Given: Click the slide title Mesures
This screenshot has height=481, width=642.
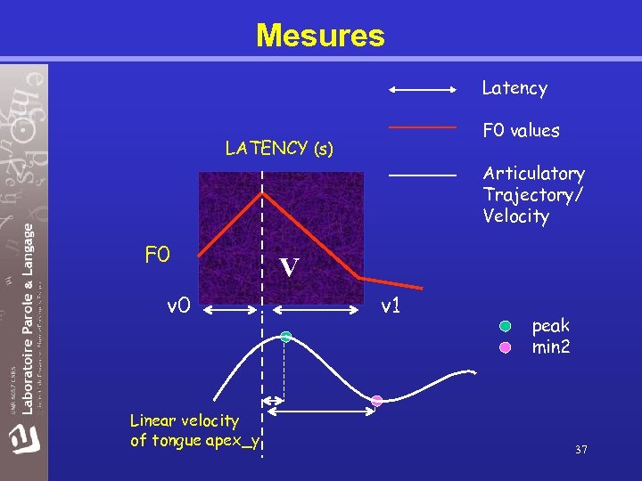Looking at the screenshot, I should pyautogui.click(x=320, y=36).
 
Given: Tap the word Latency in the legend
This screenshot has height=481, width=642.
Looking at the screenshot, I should pyautogui.click(x=514, y=88).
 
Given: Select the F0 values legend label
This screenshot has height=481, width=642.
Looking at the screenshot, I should pyautogui.click(x=521, y=131).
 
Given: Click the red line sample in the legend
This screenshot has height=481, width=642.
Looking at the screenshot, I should pyautogui.click(x=423, y=128).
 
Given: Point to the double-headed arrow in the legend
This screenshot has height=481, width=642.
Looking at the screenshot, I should pyautogui.click(x=423, y=89).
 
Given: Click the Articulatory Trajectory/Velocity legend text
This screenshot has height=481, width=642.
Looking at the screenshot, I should pyautogui.click(x=533, y=195).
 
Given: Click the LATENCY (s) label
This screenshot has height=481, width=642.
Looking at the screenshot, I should pyautogui.click(x=279, y=149).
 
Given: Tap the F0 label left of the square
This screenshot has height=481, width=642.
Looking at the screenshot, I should pyautogui.click(x=157, y=256).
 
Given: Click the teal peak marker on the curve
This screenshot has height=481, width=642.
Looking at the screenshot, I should pyautogui.click(x=286, y=337).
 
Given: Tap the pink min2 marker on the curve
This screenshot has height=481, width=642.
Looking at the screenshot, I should pyautogui.click(x=377, y=401).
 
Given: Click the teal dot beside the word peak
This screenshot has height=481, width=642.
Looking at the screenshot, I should pyautogui.click(x=506, y=326).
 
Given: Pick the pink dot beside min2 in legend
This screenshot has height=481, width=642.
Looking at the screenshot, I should pyautogui.click(x=506, y=347).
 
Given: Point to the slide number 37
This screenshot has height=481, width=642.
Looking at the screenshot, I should pyautogui.click(x=580, y=450).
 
